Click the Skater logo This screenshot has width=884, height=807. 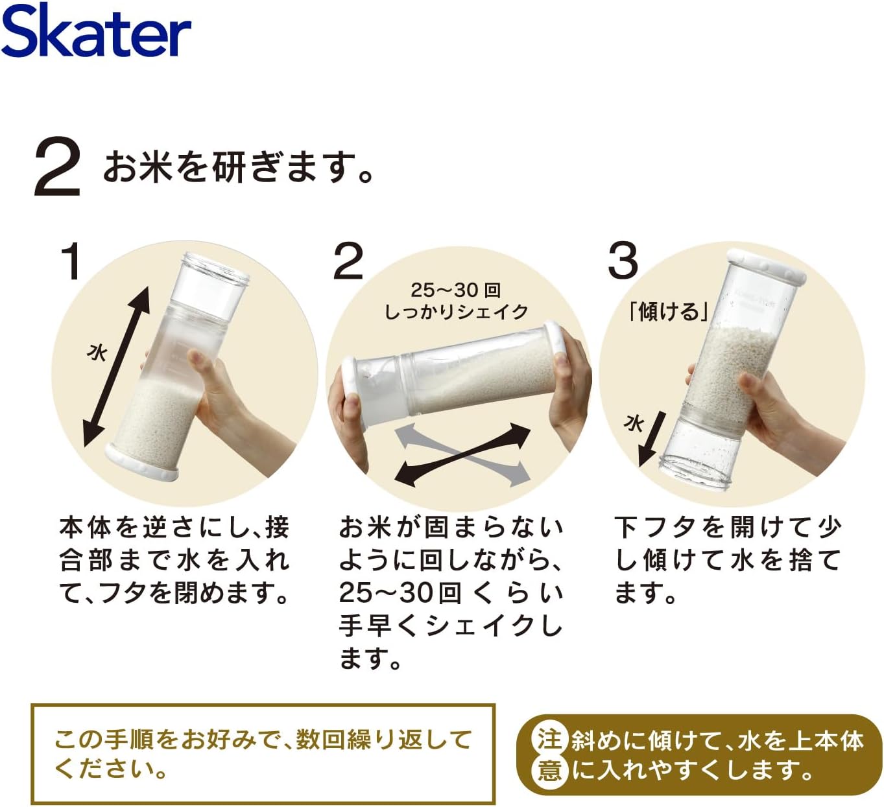96,30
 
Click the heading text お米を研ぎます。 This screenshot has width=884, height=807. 239,167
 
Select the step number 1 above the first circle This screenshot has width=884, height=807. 70,261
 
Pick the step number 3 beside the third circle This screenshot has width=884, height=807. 623,261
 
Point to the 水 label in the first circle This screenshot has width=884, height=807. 97,352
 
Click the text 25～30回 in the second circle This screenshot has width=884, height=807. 455,290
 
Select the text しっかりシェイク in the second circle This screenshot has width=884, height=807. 456,312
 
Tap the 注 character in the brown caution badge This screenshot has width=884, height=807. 549,739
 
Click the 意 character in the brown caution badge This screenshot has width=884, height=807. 549,770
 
